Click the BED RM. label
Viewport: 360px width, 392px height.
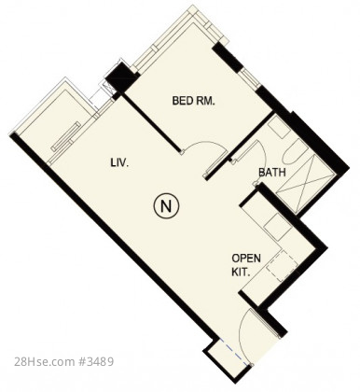point(193,101)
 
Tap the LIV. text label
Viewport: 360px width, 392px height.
point(119,162)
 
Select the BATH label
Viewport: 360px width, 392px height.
point(272,172)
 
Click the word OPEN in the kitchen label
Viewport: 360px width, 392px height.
point(246,259)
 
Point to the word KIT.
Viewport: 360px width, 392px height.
point(241,273)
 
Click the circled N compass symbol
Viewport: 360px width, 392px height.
point(166,206)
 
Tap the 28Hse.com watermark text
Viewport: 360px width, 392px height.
point(45,362)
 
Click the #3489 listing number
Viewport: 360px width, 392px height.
point(96,362)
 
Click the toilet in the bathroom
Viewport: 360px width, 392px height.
point(291,152)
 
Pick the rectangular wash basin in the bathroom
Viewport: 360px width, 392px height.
point(279,127)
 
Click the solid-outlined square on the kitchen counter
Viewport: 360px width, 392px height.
point(278,227)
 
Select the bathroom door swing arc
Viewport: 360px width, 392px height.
point(261,156)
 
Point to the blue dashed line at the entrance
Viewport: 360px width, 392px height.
point(234,352)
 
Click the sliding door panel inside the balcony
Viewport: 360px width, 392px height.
point(66,136)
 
